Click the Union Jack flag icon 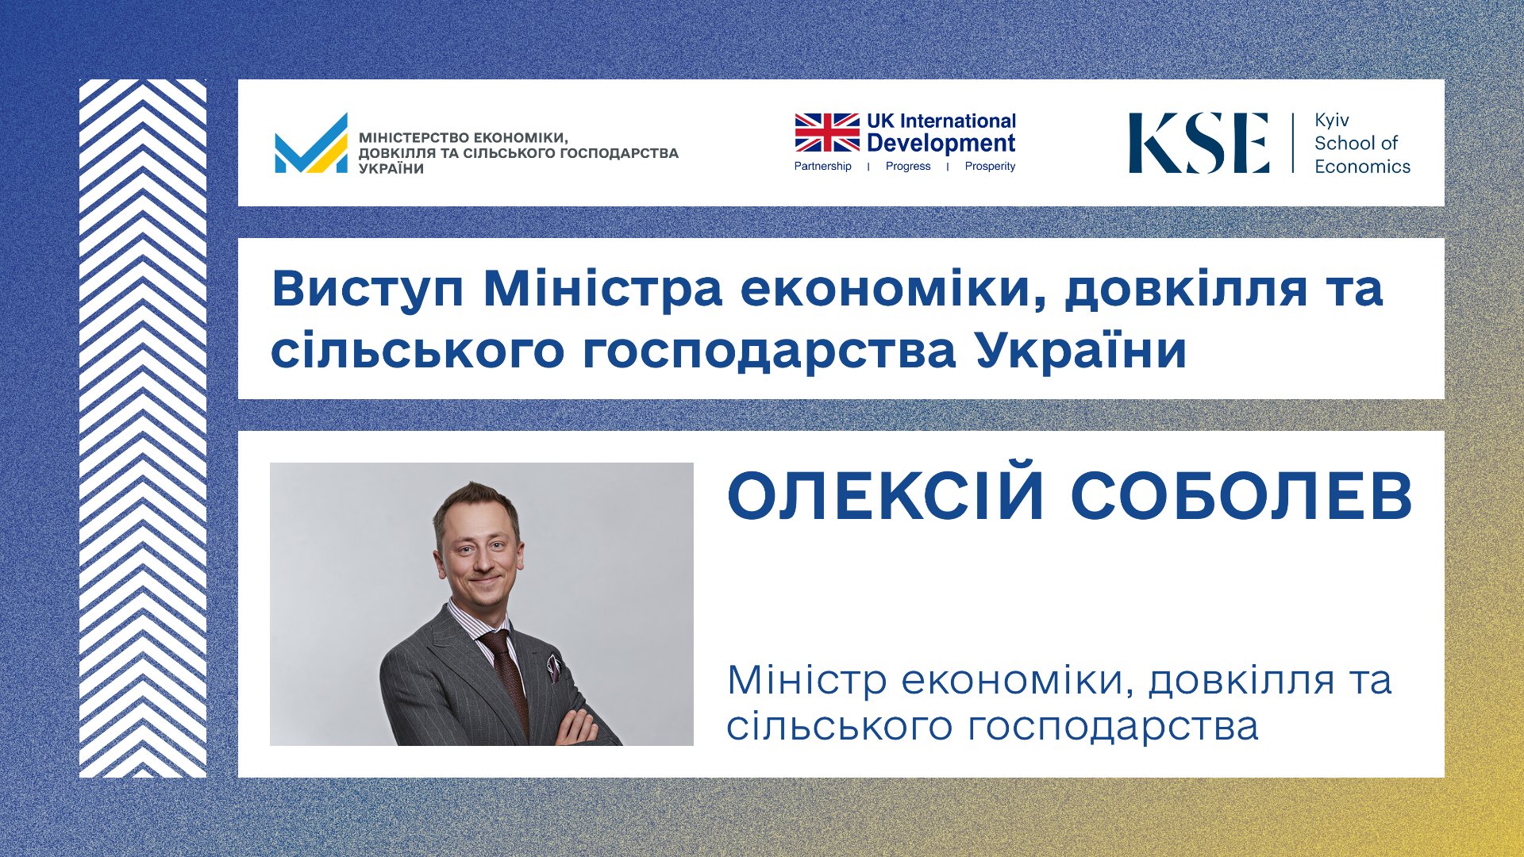point(827,132)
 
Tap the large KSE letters point(1199,143)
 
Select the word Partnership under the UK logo point(822,166)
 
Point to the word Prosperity point(990,166)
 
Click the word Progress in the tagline point(908,166)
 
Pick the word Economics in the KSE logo point(1362,166)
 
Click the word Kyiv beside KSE point(1332,121)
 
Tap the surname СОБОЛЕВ point(1241,497)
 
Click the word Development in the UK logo point(941,143)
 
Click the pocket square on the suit point(553,667)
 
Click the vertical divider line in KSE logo point(1293,143)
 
